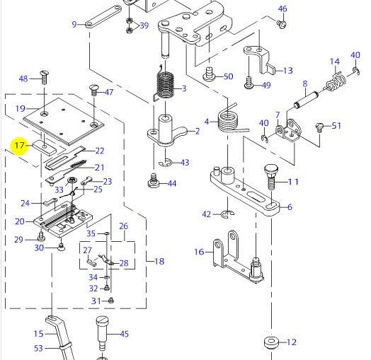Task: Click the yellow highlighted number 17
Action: click(19, 145)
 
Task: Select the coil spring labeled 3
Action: click(165, 85)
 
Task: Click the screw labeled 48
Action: click(45, 77)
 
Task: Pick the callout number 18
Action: click(159, 261)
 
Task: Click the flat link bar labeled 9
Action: click(103, 16)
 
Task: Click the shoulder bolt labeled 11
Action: click(271, 178)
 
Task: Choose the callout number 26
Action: click(123, 226)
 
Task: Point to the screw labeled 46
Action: click(282, 24)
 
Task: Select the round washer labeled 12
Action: click(271, 342)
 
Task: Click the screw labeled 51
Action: click(319, 128)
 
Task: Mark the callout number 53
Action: click(38, 348)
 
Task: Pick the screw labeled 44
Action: click(154, 182)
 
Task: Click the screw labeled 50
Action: click(209, 74)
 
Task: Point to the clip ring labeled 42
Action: click(227, 214)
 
